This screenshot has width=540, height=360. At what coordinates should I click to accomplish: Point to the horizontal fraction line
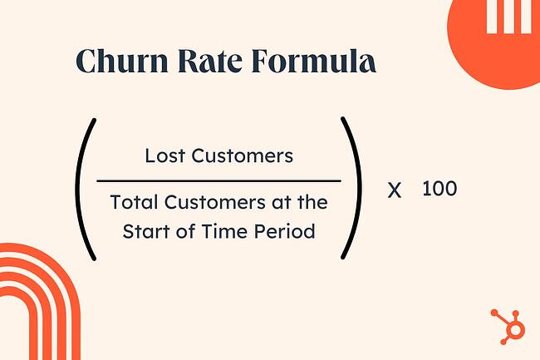coord(218,180)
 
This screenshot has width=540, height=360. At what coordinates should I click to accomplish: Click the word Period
coord(287,231)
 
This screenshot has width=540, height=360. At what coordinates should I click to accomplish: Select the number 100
coord(439,189)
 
